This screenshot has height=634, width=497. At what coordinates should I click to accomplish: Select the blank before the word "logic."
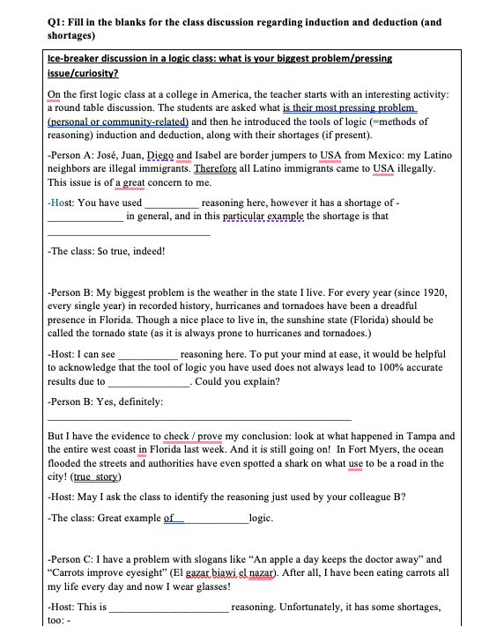point(216,519)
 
